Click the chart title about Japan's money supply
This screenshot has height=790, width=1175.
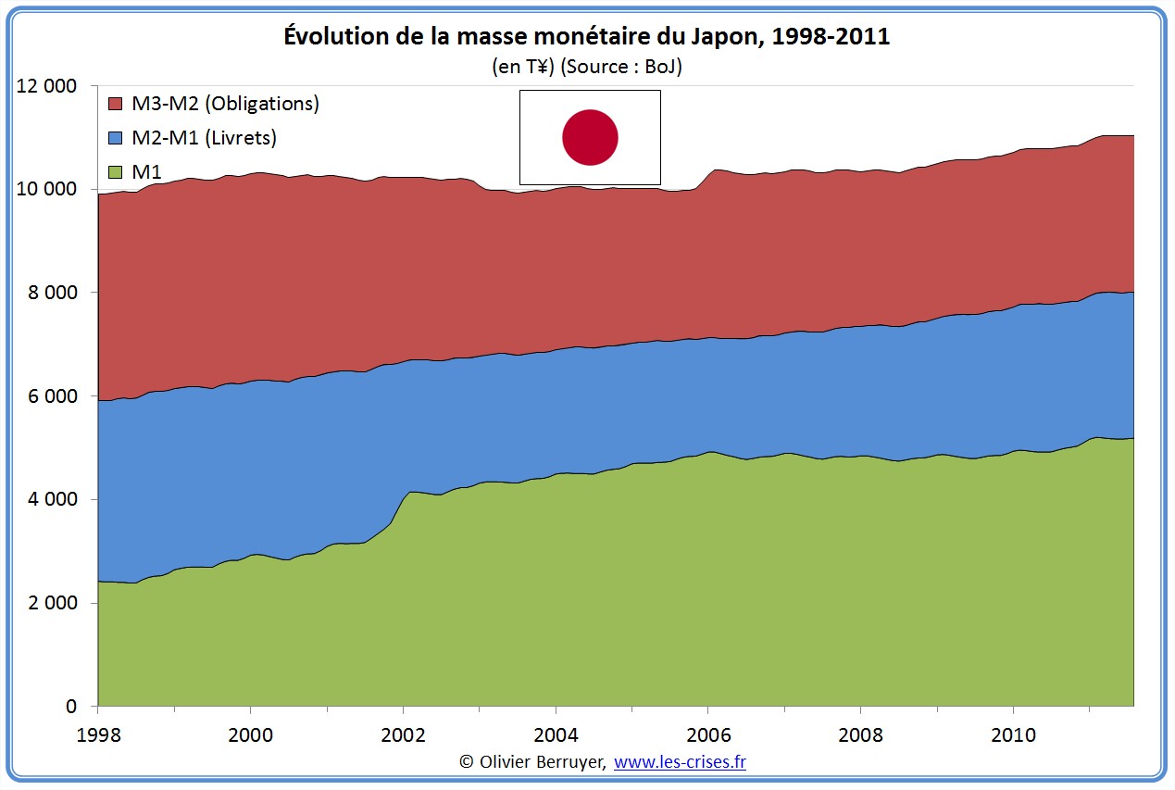click(x=586, y=38)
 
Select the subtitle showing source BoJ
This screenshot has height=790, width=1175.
click(x=586, y=67)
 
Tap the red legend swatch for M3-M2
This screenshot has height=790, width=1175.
click(x=116, y=104)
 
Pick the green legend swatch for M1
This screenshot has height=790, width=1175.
click(x=116, y=172)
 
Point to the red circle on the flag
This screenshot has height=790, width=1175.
click(x=590, y=137)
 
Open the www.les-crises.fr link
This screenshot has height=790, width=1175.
click(x=680, y=762)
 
